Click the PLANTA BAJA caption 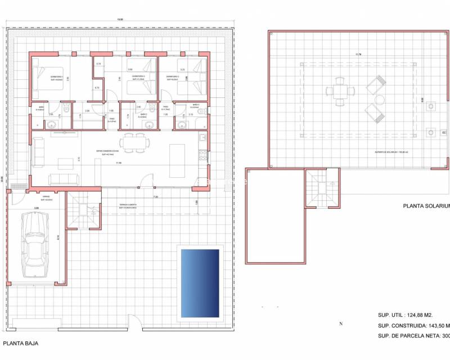point(21,343)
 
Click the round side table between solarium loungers point(380,100)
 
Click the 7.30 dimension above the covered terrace point(155,197)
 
